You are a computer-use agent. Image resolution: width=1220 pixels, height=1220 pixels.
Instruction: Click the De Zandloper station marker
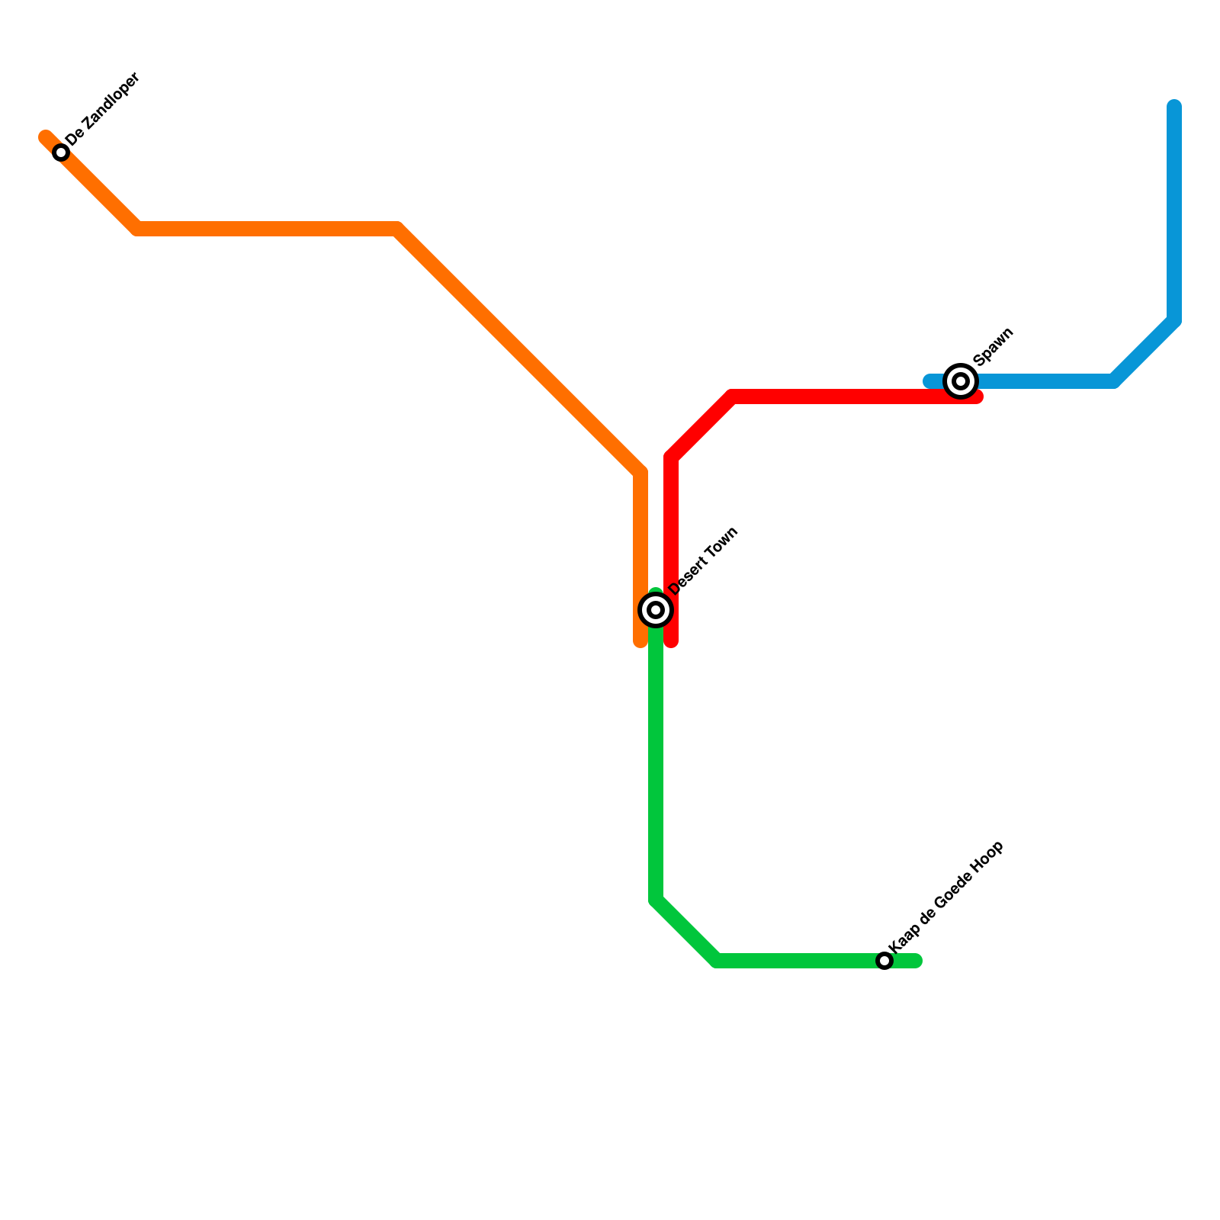(61, 152)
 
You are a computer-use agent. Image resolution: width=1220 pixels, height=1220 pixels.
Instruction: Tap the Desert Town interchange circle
(655, 610)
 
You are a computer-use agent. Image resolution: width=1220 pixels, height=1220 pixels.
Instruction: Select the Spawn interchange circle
(961, 380)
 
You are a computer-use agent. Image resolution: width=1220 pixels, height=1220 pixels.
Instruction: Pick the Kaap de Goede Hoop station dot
(884, 961)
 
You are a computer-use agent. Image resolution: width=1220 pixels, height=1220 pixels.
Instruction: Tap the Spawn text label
(994, 345)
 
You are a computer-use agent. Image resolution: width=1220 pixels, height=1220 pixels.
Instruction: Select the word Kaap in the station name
(904, 939)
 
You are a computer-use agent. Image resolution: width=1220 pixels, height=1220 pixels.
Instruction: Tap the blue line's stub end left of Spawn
(929, 381)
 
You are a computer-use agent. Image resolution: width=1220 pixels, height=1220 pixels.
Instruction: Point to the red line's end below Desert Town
(671, 643)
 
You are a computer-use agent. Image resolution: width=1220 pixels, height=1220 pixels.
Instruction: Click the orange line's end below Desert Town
(640, 643)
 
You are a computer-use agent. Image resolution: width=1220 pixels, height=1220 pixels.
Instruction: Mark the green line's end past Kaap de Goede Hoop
(917, 961)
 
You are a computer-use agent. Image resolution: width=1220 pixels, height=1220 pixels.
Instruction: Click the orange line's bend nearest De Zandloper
(137, 229)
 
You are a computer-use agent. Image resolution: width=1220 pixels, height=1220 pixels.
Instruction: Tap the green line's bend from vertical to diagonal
(656, 901)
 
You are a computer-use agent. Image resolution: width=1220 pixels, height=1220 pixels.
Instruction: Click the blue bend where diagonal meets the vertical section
(1174, 320)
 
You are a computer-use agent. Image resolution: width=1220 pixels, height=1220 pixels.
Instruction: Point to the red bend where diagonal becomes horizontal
(732, 396)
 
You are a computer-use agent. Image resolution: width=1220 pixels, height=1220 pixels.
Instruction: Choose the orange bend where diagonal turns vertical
(640, 473)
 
